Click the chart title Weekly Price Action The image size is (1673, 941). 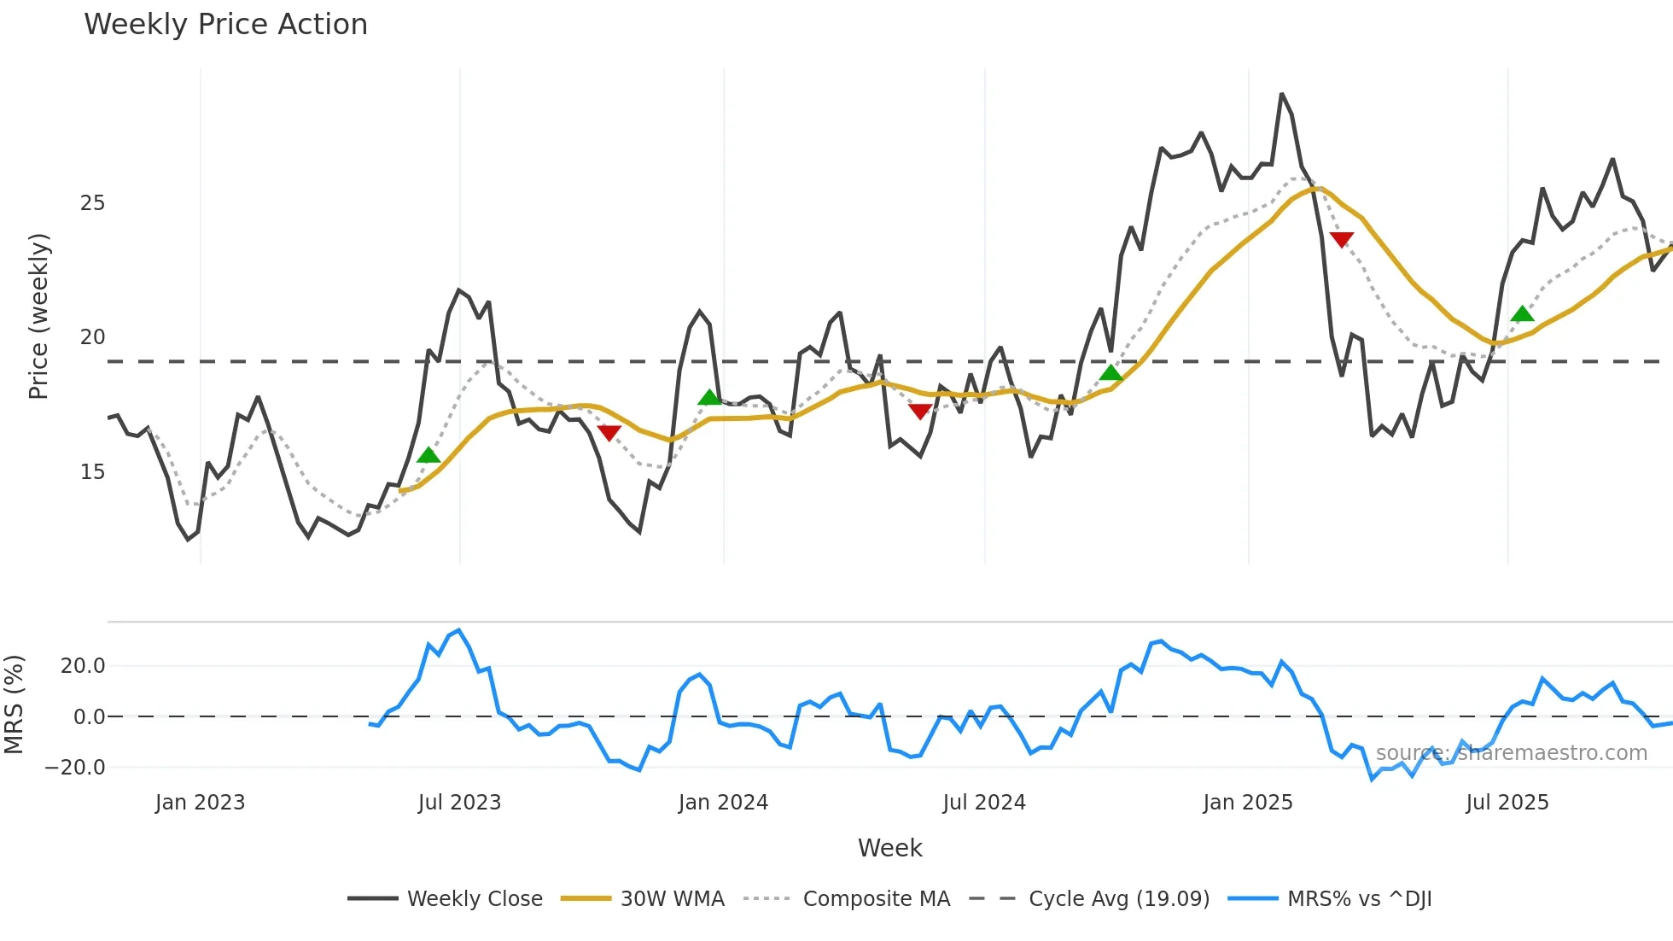(x=225, y=25)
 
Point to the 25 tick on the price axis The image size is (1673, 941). (x=92, y=203)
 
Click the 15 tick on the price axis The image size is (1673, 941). (x=92, y=472)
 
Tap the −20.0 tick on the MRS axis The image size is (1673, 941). (x=75, y=767)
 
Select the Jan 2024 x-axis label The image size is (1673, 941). (x=723, y=803)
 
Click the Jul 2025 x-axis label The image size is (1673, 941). (x=1507, y=803)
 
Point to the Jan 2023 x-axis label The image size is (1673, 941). (x=200, y=803)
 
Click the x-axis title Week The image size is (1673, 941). (x=889, y=848)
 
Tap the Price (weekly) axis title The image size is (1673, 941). (x=39, y=316)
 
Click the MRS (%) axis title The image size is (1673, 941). (x=15, y=704)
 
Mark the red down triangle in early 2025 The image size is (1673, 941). (x=1341, y=240)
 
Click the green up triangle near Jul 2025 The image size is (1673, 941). (x=1522, y=314)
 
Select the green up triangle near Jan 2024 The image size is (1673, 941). (x=709, y=397)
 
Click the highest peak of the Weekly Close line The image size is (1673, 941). (x=1281, y=94)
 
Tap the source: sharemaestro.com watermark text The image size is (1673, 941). (x=1511, y=753)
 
